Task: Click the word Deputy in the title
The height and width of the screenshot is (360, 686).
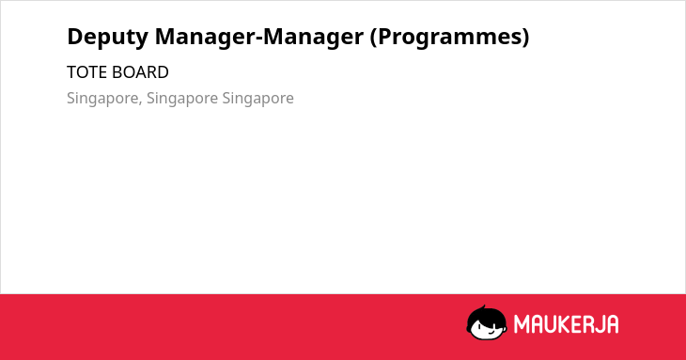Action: tap(108, 38)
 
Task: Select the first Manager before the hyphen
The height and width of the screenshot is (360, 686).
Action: tap(205, 38)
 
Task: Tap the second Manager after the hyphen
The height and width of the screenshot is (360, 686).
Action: tap(313, 38)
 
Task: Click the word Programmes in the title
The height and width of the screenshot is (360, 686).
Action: tap(449, 38)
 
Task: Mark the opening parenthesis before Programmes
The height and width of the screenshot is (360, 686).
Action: tap(374, 38)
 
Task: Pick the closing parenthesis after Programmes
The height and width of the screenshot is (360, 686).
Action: tap(525, 38)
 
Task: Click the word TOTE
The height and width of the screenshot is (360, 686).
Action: tap(86, 72)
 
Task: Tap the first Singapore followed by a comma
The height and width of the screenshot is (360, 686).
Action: tap(102, 99)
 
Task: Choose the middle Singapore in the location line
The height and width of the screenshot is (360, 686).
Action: tap(182, 99)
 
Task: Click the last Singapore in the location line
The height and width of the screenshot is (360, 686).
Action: tap(258, 99)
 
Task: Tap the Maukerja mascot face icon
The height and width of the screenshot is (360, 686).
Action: tap(487, 323)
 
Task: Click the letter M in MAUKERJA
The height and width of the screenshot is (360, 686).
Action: tap(522, 324)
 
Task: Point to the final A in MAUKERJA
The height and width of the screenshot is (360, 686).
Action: tap(613, 324)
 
